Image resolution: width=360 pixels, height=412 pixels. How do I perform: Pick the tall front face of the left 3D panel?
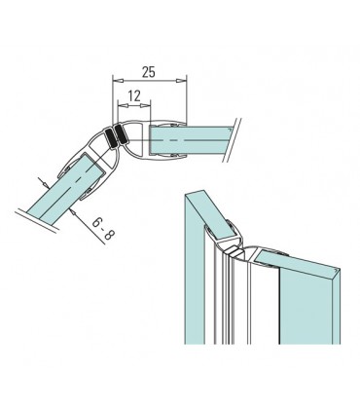click(194, 292)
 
